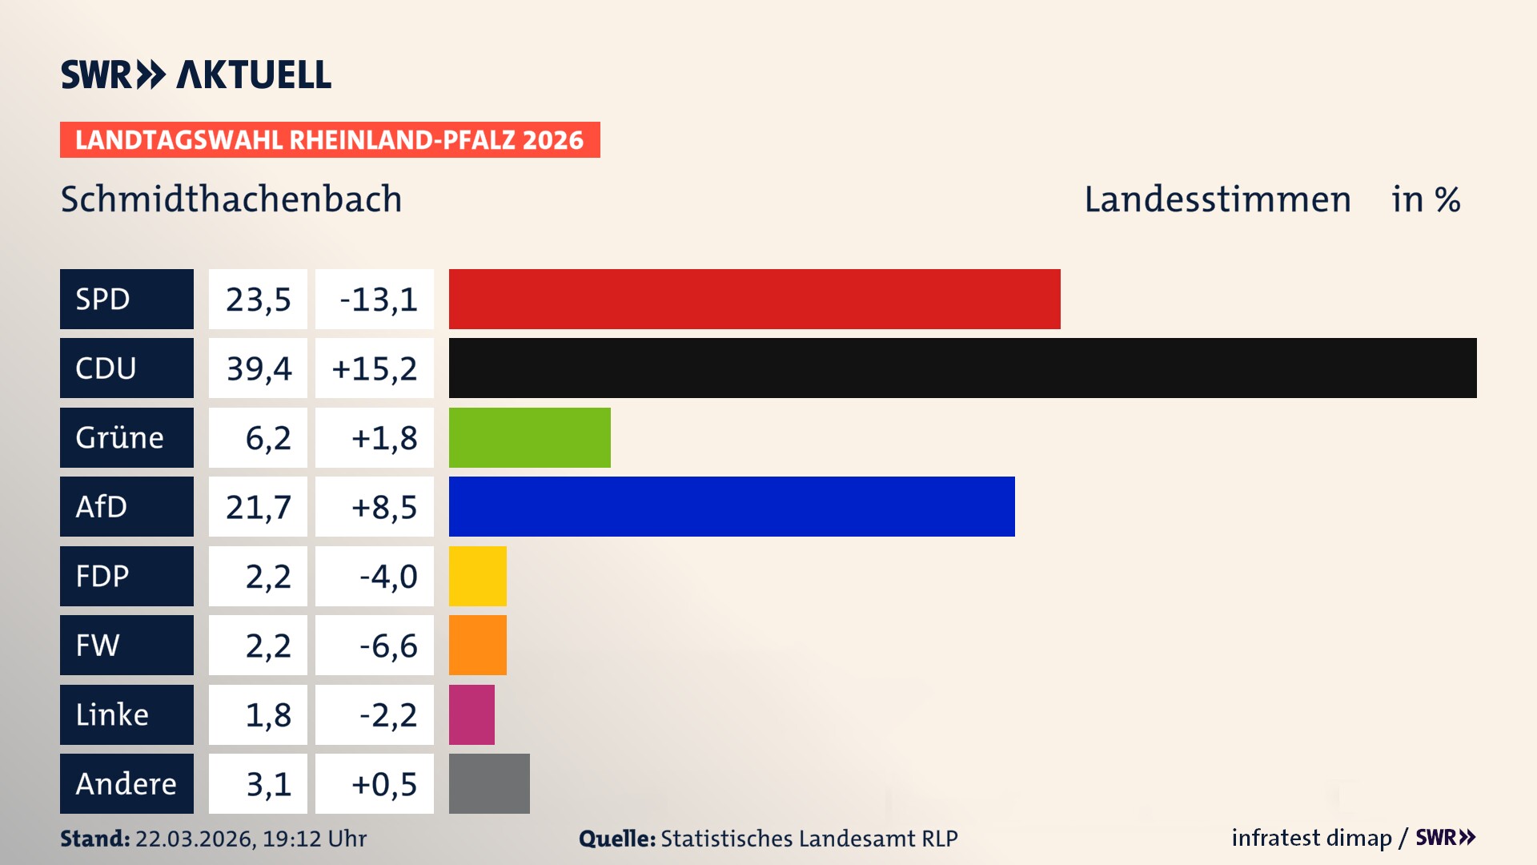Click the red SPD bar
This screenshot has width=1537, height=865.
(x=754, y=299)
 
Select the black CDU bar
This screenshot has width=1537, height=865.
(x=962, y=368)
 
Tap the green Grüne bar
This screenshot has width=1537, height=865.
(x=529, y=437)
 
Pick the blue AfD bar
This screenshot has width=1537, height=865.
(x=732, y=506)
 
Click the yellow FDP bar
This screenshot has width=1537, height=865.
(x=477, y=576)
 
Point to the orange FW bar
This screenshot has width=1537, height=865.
(x=477, y=645)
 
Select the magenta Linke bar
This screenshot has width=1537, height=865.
(x=472, y=714)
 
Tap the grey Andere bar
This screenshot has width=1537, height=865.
(x=489, y=783)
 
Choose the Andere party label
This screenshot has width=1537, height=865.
(x=126, y=783)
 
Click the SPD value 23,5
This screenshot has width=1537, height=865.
(x=258, y=300)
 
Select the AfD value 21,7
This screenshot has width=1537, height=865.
(x=258, y=507)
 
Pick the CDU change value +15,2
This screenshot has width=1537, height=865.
(x=374, y=368)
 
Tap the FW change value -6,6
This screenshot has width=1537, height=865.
(x=387, y=646)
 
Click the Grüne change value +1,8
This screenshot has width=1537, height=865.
(x=383, y=438)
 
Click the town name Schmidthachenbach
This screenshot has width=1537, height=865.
(x=231, y=199)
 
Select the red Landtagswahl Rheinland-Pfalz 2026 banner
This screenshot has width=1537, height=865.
(x=330, y=139)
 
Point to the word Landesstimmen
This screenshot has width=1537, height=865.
(x=1217, y=199)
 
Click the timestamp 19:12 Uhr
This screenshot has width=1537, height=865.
(x=314, y=839)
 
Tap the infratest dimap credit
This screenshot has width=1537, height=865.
(x=1311, y=838)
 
